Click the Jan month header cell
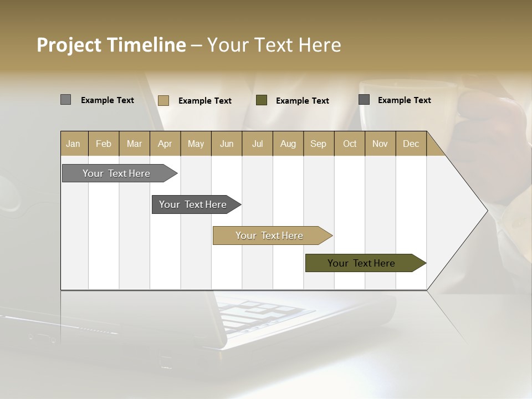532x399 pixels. click(74, 144)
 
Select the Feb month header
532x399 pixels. click(104, 144)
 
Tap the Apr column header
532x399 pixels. click(165, 144)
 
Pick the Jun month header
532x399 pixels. click(227, 144)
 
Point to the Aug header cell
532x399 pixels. click(288, 144)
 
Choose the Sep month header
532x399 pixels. click(319, 144)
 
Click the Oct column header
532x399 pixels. click(350, 144)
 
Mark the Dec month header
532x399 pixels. click(411, 144)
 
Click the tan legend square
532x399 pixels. click(163, 100)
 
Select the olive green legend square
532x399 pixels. click(262, 100)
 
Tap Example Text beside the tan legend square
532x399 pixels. click(205, 101)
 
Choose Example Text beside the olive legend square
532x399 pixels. click(303, 101)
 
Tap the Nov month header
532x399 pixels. click(380, 144)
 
